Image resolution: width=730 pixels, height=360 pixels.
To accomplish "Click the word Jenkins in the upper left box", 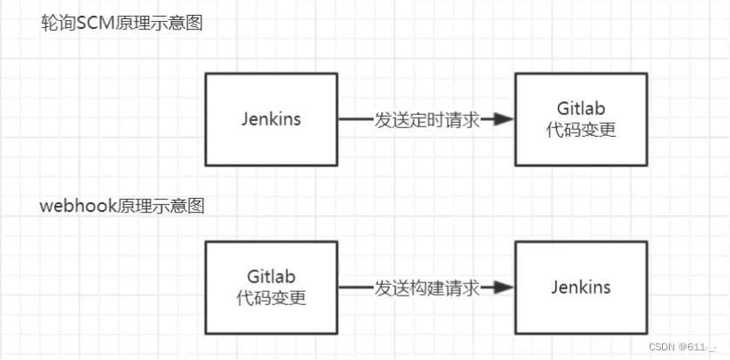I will (x=271, y=119).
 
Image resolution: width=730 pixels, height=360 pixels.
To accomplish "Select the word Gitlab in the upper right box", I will (x=581, y=108).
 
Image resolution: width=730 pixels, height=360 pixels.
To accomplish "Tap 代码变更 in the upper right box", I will (x=581, y=130).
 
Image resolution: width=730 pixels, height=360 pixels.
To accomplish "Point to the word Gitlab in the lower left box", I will (x=271, y=276).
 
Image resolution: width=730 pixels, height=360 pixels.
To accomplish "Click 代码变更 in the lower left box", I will (x=271, y=298).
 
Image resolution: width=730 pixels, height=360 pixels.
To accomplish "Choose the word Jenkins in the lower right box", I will (x=581, y=288).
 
